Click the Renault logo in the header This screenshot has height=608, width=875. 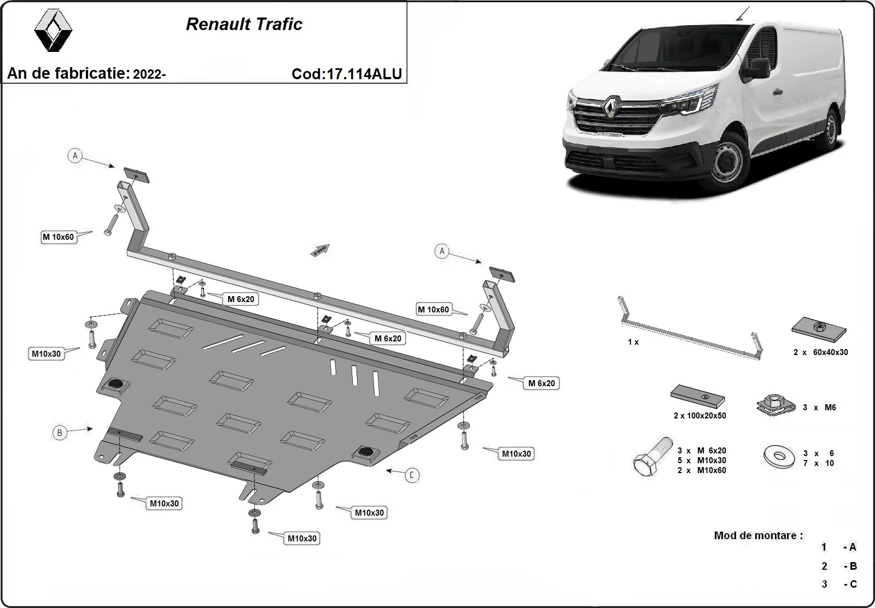coord(53,31)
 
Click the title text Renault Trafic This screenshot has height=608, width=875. coord(244,24)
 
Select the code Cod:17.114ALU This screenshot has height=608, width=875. coord(347,74)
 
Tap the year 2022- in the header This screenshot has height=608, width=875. coord(149,74)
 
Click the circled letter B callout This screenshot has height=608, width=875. coord(60,433)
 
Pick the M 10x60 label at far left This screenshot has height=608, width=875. coord(59,237)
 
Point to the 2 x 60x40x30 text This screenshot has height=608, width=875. coord(820,352)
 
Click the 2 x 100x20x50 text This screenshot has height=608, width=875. coord(699,416)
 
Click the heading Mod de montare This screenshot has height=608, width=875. coord(758,535)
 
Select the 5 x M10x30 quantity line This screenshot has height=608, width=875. coord(702,461)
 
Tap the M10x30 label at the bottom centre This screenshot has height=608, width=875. coord(302,538)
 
